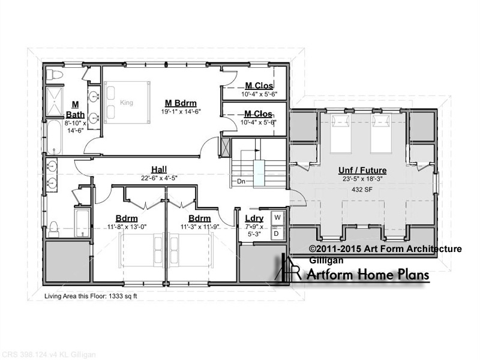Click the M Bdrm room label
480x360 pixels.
181,103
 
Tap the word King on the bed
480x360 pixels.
127,102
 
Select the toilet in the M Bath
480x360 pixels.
55,74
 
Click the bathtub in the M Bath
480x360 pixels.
55,137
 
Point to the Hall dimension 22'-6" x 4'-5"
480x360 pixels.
159,178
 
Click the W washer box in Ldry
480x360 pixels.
278,218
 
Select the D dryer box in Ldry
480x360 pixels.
277,233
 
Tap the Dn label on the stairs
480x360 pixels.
241,181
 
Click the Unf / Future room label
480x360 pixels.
362,170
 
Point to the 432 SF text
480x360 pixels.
362,190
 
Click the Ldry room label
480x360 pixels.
254,218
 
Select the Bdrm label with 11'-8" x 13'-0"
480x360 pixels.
127,218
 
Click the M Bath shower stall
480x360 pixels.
54,101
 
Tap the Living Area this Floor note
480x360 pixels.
91,296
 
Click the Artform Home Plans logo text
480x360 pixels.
368,274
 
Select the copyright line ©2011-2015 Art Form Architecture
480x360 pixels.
385,248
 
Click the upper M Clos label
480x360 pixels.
259,85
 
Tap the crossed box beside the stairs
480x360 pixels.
226,148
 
